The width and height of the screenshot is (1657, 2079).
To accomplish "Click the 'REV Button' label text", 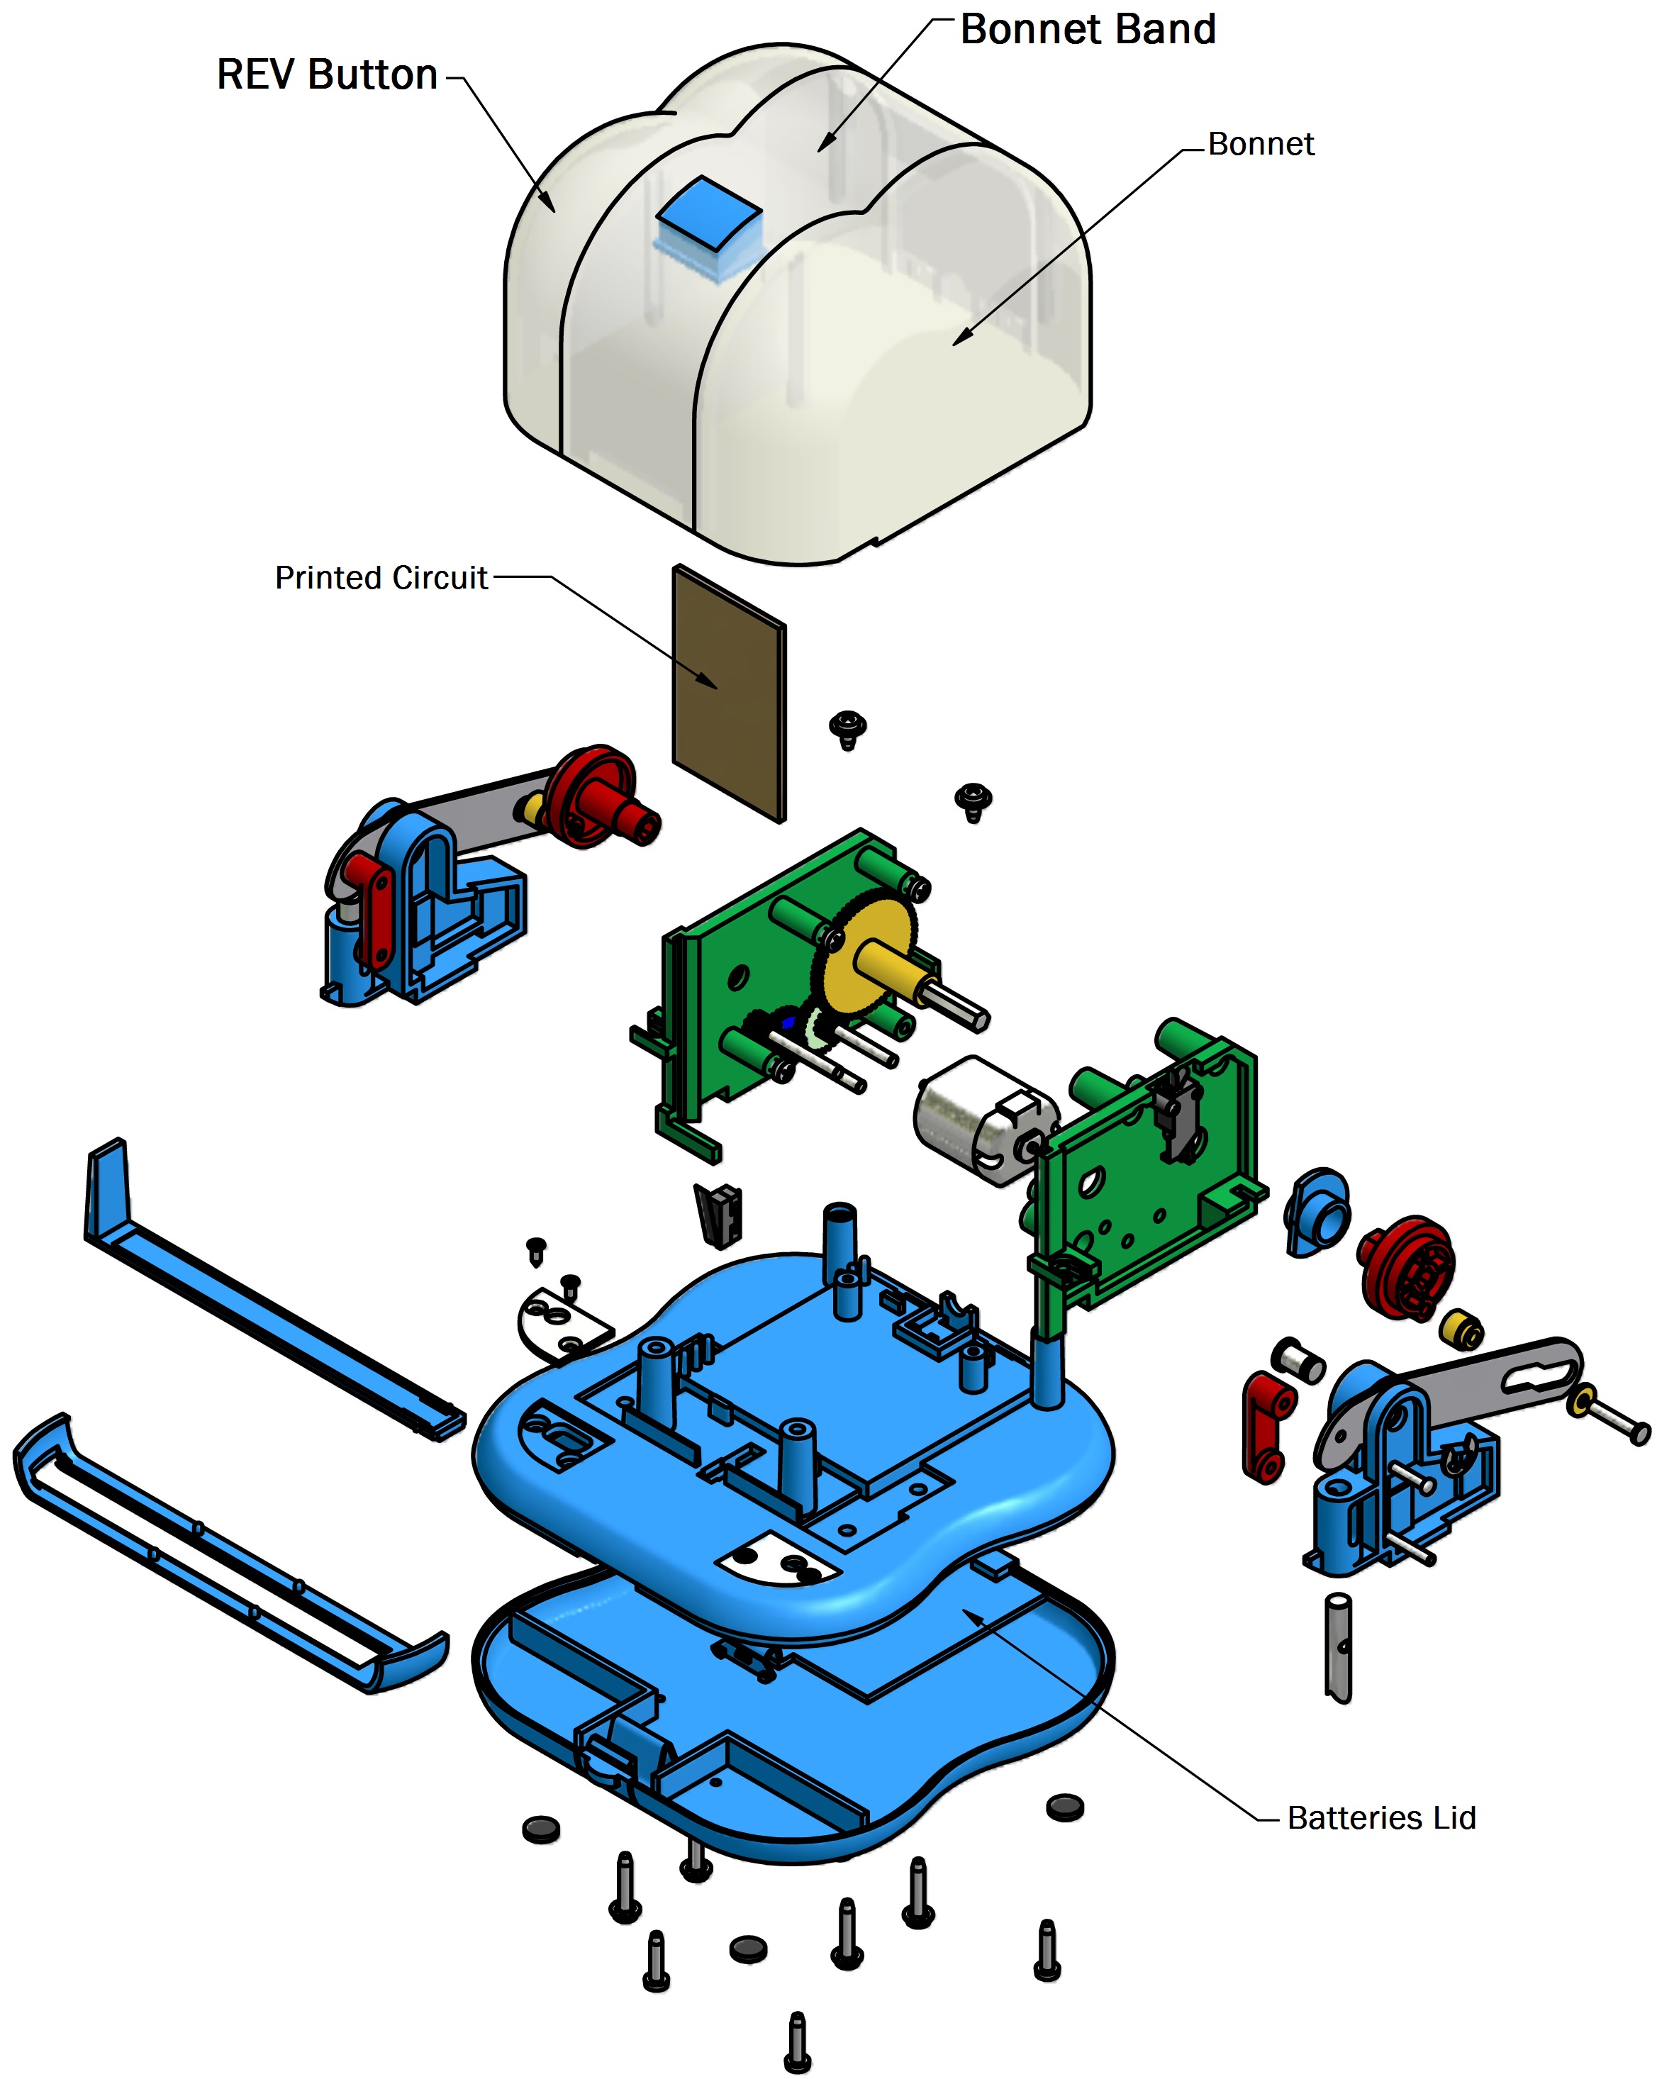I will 327,75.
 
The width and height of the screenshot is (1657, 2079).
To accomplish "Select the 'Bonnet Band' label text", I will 1087,30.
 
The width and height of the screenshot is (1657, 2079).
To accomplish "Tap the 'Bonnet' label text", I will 1260,145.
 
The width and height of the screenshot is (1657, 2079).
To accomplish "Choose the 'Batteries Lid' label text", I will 1380,1817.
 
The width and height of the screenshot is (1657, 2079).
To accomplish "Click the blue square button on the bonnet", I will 708,214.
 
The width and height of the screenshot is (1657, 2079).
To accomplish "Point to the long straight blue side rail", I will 270,1292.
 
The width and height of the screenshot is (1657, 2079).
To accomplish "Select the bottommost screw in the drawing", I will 797,2041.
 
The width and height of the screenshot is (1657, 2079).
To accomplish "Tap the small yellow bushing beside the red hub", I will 1461,1329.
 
